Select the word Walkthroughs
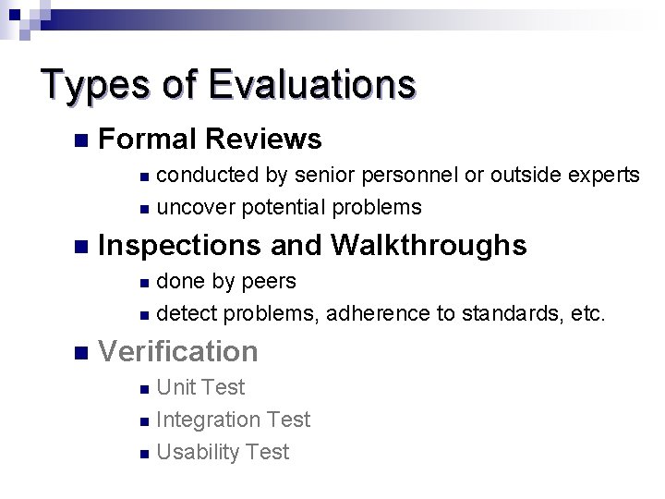pos(428,246)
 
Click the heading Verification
pos(177,351)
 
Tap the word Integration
pos(209,420)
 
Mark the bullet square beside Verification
pos(80,352)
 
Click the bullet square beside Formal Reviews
pos(80,140)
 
